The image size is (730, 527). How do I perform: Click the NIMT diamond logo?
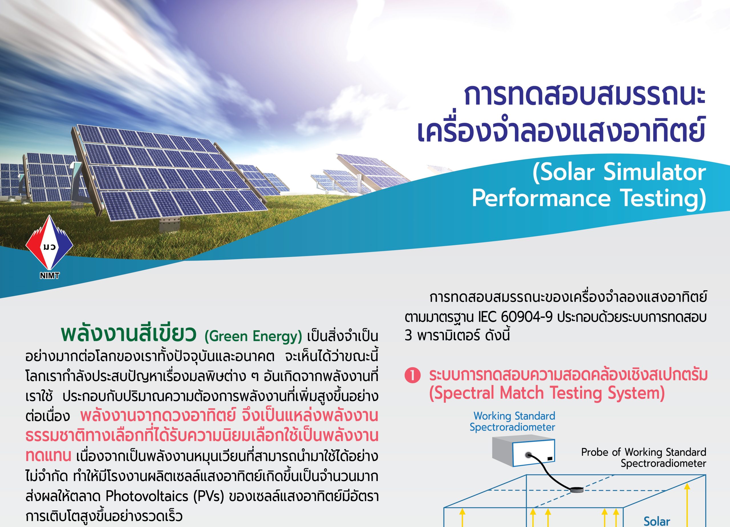click(x=49, y=243)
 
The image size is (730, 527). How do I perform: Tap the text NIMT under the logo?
click(x=50, y=275)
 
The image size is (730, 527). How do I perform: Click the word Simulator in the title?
click(x=654, y=172)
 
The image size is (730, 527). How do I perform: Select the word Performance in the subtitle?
click(x=541, y=198)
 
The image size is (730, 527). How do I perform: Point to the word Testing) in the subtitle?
click(x=663, y=199)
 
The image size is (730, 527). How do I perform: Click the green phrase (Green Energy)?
click(x=253, y=337)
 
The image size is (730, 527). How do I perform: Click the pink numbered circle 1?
click(x=412, y=375)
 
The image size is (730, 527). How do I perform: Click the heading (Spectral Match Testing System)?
click(x=547, y=393)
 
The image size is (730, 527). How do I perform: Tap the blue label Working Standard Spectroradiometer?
click(x=512, y=421)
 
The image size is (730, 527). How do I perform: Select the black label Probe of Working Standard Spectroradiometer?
click(x=644, y=458)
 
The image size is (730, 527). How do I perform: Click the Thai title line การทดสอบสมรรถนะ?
click(x=585, y=96)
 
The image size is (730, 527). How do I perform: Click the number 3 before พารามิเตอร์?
click(x=408, y=335)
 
